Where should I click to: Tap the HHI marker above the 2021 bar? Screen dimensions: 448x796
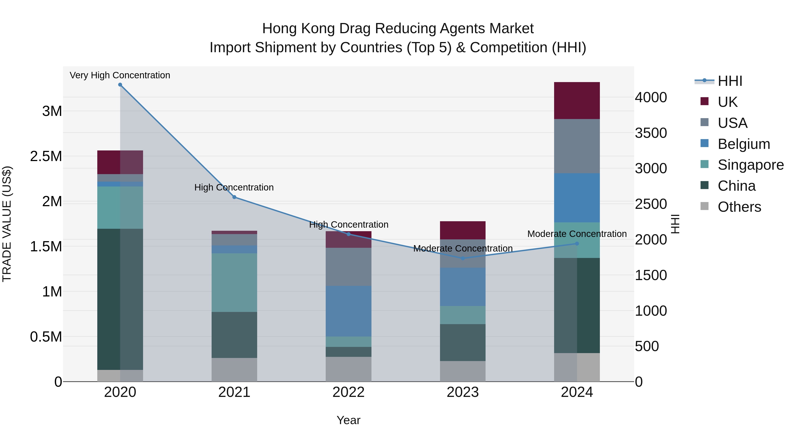coord(234,197)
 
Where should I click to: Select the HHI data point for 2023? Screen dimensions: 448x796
coord(463,258)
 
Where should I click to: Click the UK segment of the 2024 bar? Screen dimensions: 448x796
coord(577,100)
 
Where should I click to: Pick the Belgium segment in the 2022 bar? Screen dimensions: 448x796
coord(348,311)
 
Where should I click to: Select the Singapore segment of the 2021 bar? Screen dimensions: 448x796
coord(234,282)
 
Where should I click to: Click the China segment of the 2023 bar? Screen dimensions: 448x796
coord(463,342)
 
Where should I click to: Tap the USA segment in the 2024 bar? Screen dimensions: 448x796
coord(577,146)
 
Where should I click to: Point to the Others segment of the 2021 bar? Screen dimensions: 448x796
coord(234,369)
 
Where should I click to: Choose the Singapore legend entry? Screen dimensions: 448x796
coord(750,165)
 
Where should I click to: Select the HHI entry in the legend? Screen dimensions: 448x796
coord(730,81)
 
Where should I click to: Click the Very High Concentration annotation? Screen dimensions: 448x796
coord(120,75)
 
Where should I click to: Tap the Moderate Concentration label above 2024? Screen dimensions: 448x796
coord(577,234)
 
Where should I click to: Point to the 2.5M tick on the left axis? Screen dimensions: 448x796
coord(46,156)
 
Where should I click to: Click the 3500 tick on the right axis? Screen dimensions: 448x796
coord(651,133)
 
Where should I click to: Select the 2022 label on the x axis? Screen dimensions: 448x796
coord(348,392)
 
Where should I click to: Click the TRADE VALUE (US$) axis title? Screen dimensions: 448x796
coord(7,224)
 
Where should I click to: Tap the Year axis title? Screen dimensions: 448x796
coord(348,420)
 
